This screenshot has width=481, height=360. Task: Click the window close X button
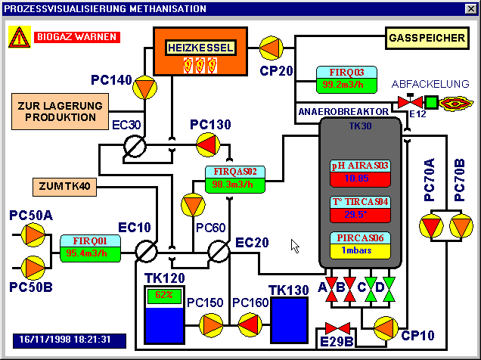[469, 9]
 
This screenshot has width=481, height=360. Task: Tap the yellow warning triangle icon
[19, 37]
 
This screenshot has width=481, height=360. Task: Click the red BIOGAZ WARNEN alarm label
[75, 36]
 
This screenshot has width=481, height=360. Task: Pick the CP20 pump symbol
[271, 48]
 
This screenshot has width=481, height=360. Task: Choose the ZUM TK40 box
[64, 185]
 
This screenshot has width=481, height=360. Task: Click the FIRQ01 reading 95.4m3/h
[91, 253]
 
